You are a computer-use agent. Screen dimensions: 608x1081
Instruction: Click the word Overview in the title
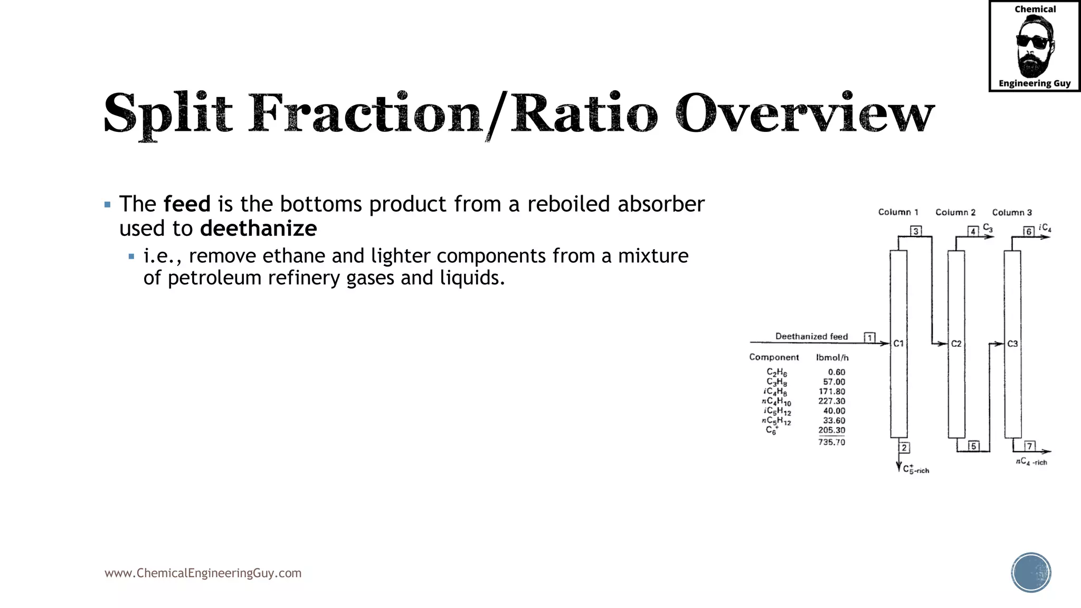click(x=804, y=113)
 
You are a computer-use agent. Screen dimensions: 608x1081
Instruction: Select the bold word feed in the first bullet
click(x=187, y=204)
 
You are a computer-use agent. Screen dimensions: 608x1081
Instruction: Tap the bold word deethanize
click(x=259, y=229)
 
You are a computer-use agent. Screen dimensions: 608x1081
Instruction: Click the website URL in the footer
click(x=203, y=573)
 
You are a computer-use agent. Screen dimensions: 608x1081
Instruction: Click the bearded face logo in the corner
click(x=1034, y=46)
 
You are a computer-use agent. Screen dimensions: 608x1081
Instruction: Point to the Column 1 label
click(x=898, y=212)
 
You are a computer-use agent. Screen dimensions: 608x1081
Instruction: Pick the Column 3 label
click(x=1011, y=212)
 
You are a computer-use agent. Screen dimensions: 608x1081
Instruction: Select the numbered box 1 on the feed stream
click(x=869, y=337)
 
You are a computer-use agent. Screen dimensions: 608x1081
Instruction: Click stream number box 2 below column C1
click(x=904, y=448)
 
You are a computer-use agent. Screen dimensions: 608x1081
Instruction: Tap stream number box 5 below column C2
click(x=973, y=446)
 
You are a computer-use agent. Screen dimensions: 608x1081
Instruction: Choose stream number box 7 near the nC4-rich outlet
click(x=1029, y=446)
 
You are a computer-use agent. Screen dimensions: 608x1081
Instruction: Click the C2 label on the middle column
click(x=956, y=344)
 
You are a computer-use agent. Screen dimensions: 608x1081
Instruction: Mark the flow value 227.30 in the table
click(x=831, y=401)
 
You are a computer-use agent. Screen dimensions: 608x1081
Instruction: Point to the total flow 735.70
click(x=831, y=442)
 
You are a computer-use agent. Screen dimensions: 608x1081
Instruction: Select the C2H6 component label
click(x=776, y=373)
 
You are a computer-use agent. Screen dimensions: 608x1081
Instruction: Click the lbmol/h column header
click(x=832, y=357)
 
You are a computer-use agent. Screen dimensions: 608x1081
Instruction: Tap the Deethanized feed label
click(x=811, y=336)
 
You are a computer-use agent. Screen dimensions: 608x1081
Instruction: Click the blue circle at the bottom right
click(x=1031, y=573)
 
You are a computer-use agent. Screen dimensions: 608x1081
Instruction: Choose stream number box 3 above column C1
click(x=916, y=231)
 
